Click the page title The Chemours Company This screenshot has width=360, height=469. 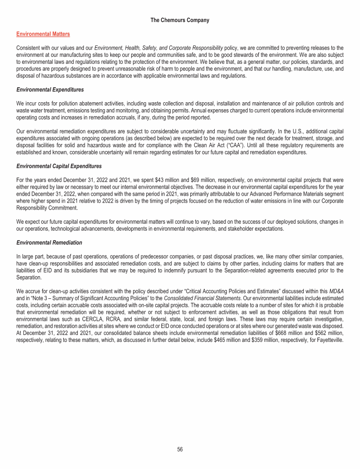click(180, 20)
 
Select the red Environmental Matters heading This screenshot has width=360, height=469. click(43, 34)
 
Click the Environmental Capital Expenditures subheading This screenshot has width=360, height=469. click(59, 166)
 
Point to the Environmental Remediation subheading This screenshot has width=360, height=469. click(49, 242)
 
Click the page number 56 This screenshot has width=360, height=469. click(180, 449)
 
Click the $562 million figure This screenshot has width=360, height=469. click(330, 332)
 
